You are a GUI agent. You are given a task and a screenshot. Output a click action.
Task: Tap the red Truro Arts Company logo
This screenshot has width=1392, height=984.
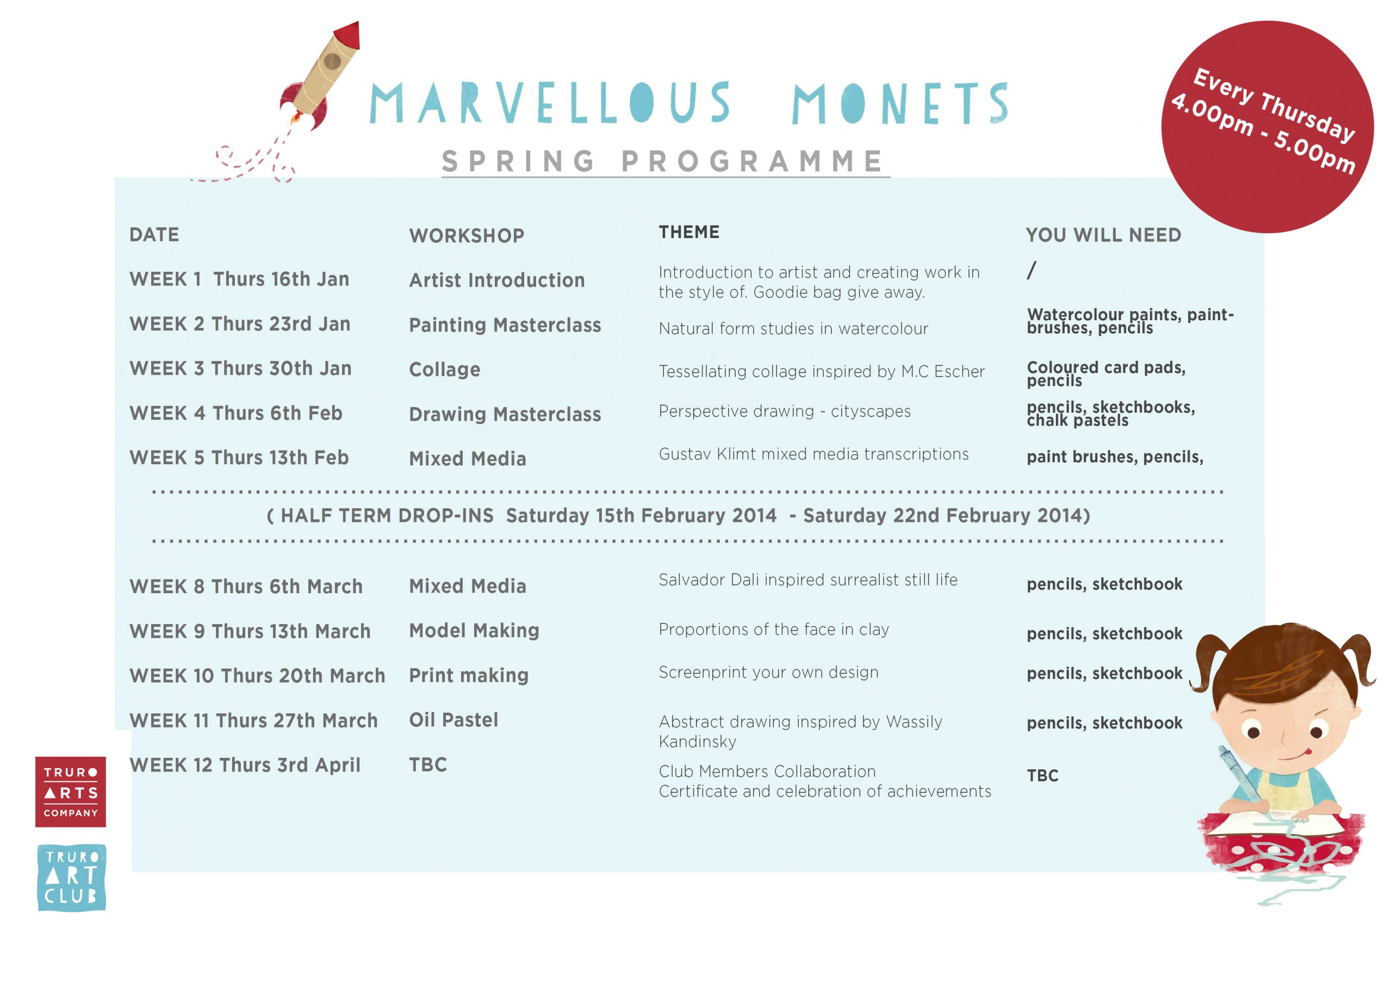[x=70, y=791]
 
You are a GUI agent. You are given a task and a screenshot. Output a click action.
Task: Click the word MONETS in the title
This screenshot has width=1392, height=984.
[x=900, y=103]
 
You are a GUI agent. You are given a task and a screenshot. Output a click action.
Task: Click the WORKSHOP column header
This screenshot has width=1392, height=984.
[x=466, y=235]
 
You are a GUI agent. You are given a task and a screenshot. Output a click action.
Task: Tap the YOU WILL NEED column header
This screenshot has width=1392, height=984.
[x=1103, y=235]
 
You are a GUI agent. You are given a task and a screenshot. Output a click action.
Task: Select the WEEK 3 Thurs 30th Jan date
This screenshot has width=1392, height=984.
[x=240, y=368]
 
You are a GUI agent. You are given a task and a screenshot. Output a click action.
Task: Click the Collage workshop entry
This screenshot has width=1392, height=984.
[x=444, y=369]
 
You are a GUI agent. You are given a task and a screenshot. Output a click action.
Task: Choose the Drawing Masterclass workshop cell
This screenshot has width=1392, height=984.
[x=505, y=414]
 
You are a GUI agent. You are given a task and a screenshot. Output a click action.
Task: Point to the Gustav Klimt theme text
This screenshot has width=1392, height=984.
[x=813, y=454]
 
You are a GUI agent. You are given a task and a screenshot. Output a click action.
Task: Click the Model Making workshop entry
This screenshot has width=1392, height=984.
[x=474, y=631]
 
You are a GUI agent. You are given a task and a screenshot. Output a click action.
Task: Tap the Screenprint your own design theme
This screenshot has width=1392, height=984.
[x=768, y=672]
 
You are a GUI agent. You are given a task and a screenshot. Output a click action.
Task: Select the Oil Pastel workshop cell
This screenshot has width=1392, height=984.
[x=453, y=720]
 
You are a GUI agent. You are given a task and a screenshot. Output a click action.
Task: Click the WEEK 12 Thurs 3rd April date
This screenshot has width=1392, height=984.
[x=245, y=765]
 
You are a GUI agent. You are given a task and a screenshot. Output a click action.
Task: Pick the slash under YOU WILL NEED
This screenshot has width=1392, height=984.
[x=1031, y=270]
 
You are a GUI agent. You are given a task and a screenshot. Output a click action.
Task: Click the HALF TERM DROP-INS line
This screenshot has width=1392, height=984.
[x=678, y=515]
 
